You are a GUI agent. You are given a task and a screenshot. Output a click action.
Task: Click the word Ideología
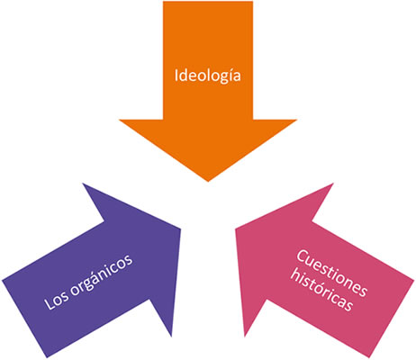pos(208,76)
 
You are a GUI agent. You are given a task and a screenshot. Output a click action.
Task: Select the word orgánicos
pos(102,275)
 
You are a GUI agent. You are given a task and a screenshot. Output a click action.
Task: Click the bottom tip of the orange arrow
pos(208,182)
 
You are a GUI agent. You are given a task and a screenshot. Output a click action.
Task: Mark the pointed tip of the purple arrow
pos(181,229)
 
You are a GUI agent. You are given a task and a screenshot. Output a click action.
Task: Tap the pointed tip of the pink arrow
pos(236,229)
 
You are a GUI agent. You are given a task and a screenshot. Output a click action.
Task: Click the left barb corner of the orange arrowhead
pos(120,120)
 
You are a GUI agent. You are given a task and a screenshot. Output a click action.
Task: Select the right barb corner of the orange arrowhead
pos(297,120)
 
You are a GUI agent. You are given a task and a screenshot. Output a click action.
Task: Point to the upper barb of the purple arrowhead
pos(83,184)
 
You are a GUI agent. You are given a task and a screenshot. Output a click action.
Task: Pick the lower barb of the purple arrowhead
pos(171,337)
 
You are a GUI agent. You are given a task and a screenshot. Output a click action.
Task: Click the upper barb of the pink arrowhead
pos(333,184)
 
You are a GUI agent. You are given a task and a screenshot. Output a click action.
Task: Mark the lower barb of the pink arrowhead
pos(245,337)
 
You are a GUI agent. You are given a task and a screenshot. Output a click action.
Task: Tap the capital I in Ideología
pos(176,76)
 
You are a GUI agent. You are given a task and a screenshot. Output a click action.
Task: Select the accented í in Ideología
pos(231,75)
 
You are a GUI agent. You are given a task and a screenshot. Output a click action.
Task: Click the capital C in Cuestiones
pos(303,257)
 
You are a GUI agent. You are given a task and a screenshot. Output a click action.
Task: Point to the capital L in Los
pos(49,303)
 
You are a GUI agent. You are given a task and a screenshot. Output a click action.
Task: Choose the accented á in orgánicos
pos(95,276)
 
